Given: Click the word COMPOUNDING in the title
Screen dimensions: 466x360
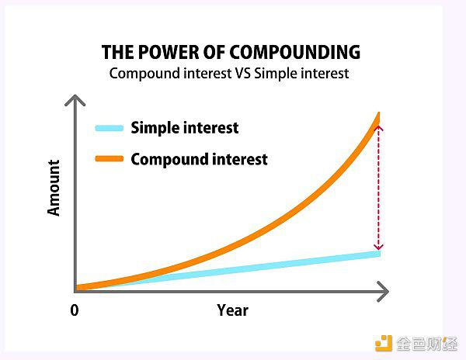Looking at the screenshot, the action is [295, 52].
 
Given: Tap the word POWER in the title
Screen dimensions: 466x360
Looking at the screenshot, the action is [169, 52].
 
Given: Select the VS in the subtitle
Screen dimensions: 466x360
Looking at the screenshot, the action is [243, 73].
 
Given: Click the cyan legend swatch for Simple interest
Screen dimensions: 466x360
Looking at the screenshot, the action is [110, 128].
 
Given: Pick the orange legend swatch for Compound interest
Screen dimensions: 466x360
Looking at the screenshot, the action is [110, 158].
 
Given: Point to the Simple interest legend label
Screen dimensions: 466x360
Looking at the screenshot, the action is [185, 128].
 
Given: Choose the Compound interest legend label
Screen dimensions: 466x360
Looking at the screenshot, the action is [199, 159].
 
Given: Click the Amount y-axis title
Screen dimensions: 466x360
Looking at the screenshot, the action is [54, 188].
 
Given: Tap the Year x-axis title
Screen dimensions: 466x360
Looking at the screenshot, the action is [232, 310].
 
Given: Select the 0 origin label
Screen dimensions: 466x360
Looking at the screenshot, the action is [75, 310].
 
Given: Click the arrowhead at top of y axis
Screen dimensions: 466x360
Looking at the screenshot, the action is [75, 96].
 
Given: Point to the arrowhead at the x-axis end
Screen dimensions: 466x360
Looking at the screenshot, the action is [387, 292].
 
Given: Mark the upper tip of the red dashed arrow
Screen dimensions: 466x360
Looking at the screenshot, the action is [378, 126].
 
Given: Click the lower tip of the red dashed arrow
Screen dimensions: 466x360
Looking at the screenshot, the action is [378, 249].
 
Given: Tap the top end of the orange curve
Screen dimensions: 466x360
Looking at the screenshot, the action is [379, 113].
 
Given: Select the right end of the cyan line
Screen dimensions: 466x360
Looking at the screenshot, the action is [380, 254].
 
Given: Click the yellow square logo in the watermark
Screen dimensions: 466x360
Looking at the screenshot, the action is [384, 343].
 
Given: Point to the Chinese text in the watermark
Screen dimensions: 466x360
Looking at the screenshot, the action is [427, 344].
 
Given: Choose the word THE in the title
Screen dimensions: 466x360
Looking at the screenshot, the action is [117, 52].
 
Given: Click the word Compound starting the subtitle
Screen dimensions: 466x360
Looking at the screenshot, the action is [144, 74].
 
